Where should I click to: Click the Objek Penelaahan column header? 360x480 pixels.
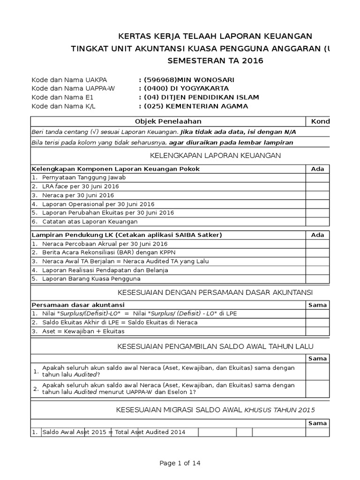[x=168, y=121]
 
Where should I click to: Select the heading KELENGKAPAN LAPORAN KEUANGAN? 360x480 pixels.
[x=215, y=156]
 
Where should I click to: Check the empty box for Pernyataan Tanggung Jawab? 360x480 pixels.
[x=317, y=178]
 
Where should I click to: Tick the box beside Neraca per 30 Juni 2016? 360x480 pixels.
[x=317, y=195]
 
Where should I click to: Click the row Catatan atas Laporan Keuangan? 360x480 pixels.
[x=90, y=221]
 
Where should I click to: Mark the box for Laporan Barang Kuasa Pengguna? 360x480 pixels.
[x=317, y=279]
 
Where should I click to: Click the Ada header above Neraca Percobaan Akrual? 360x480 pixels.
[x=317, y=235]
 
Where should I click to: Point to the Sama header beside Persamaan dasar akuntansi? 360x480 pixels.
[x=317, y=305]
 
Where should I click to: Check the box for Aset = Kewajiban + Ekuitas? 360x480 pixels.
[x=317, y=331]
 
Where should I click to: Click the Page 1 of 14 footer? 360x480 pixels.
[x=180, y=463]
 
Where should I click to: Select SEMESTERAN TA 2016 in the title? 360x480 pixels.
[x=215, y=60]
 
